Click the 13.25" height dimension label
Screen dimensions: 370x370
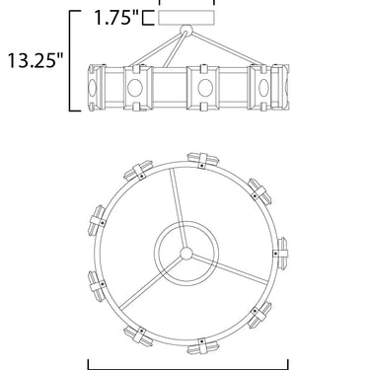[x=36, y=60]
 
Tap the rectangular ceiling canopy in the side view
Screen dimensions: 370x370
[x=186, y=18]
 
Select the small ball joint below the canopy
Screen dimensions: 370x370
[x=186, y=30]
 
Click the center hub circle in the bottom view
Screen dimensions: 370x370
[x=186, y=254]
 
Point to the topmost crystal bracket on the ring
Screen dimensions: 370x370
[x=203, y=160]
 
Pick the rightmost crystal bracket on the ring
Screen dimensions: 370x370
[x=280, y=254]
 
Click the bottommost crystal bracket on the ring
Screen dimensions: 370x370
[x=202, y=346]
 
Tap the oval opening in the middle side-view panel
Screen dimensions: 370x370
[x=205, y=88]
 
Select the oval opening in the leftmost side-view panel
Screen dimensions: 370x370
[x=92, y=88]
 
